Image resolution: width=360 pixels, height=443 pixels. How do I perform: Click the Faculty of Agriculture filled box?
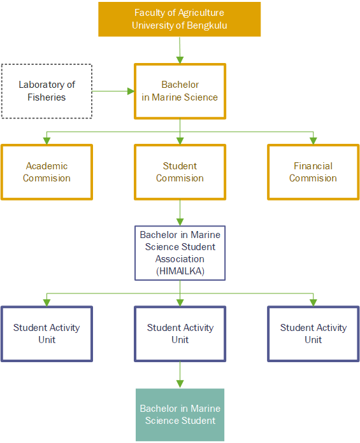point(179,19)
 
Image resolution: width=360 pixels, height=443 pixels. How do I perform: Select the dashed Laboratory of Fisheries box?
point(47,64)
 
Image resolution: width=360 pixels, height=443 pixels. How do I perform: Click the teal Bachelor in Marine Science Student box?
point(180,414)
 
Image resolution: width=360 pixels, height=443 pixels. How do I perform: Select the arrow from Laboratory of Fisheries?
point(113,91)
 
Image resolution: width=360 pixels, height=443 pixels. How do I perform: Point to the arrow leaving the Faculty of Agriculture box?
point(180,50)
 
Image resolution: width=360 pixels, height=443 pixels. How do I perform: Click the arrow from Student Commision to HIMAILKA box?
point(180,213)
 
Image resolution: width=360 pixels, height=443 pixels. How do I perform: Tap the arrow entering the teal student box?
point(180,375)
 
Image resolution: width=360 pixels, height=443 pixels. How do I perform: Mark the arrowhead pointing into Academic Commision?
point(47,141)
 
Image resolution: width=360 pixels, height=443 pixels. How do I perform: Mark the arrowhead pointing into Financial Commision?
point(313,141)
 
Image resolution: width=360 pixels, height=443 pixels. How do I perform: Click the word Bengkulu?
point(206,25)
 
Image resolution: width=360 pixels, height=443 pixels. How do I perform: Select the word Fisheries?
point(47,97)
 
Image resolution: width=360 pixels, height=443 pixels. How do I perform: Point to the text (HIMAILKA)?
point(180,271)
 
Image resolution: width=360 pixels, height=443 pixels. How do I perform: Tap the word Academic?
point(47,166)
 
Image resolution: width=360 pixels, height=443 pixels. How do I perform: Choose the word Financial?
point(313,166)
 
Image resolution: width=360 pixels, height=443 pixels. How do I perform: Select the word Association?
point(180,259)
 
